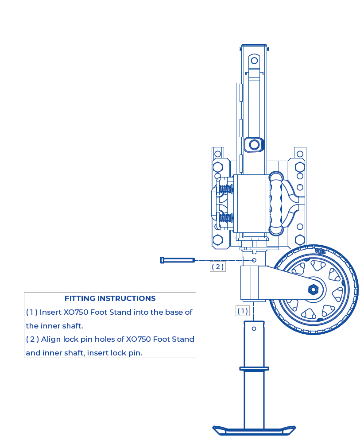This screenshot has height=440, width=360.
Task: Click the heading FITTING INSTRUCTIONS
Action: [110, 298]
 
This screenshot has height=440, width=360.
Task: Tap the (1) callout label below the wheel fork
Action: [243, 311]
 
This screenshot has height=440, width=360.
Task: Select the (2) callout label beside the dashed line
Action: [217, 266]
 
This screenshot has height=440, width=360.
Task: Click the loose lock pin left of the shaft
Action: [177, 260]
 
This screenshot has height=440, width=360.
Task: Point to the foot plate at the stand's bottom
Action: [254, 429]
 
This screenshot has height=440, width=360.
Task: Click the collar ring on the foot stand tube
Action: [254, 368]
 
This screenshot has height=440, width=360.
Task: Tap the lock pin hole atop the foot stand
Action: [254, 328]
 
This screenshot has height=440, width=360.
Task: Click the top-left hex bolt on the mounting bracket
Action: [217, 167]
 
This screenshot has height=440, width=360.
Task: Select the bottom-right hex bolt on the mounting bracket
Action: [300, 240]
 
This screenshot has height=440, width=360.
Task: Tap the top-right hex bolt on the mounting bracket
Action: [300, 167]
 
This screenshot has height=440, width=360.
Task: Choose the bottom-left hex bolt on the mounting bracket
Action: [217, 240]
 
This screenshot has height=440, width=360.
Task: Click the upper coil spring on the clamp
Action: [226, 189]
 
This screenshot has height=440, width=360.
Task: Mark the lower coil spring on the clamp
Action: [226, 218]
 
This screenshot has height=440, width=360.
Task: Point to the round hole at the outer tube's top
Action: [254, 61]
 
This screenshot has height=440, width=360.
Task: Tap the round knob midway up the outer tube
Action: [254, 144]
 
